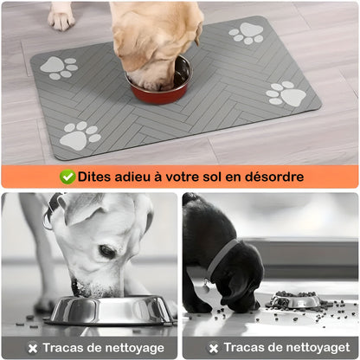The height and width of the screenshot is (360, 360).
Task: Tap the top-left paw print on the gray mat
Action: (59, 67)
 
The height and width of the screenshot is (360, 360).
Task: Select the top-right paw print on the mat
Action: (247, 34)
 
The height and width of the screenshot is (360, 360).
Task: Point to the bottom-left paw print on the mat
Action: (80, 136)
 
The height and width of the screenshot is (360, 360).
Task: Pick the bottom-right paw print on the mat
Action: (286, 93)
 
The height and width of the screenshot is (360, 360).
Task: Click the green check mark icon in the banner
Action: (67, 177)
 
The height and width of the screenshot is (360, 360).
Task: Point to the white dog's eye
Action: (107, 251)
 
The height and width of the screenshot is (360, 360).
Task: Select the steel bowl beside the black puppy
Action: (295, 300)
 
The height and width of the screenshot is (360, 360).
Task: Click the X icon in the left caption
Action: (32, 348)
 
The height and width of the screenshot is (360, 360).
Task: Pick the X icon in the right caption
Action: (213, 348)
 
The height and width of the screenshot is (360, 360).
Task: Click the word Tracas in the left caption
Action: (62, 348)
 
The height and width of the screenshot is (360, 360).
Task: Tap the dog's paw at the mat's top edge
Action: (61, 15)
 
